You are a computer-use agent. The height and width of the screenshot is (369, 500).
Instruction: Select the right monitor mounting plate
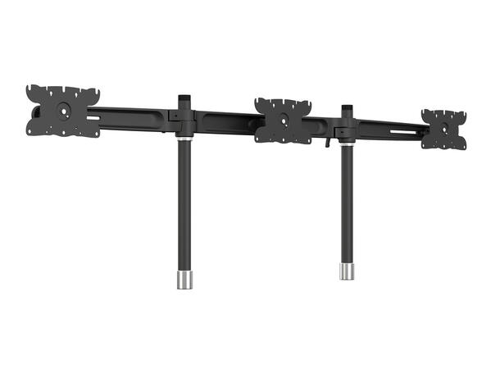tap(443, 128)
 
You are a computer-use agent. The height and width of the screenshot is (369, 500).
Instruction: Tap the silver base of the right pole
tap(347, 270)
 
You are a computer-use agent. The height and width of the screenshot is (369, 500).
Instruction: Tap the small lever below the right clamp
tap(325, 143)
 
